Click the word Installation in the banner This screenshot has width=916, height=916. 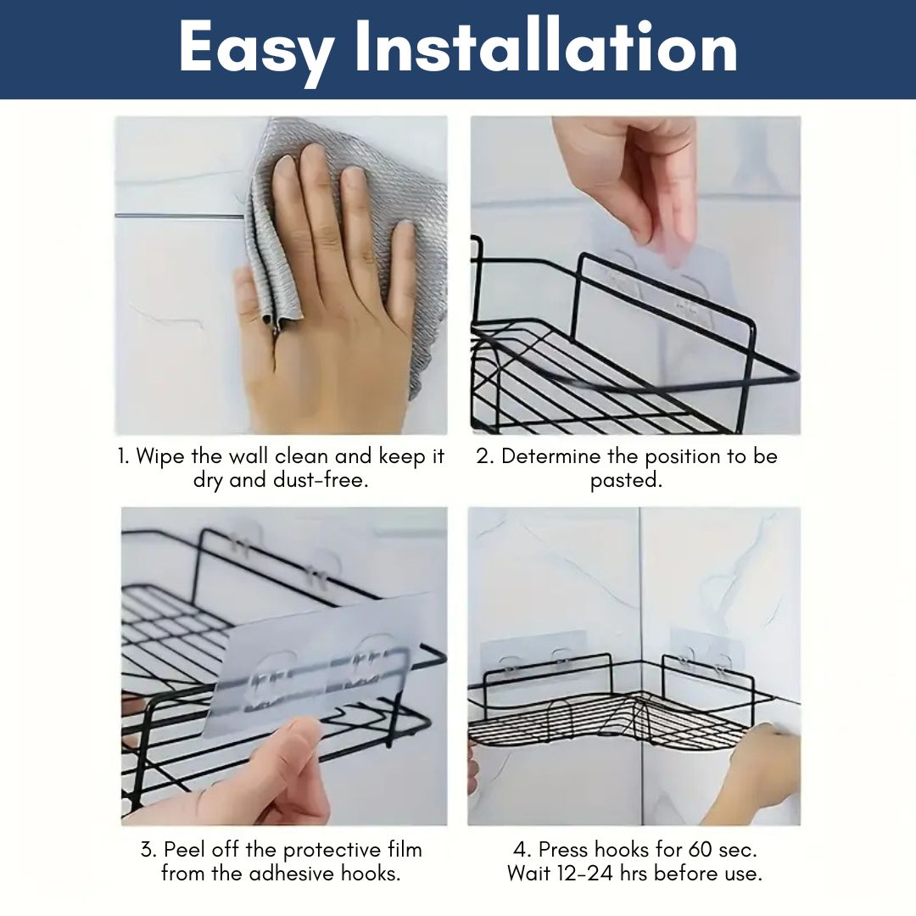click(x=547, y=46)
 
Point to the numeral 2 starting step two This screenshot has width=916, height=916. click(x=483, y=456)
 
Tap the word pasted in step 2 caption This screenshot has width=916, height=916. click(x=626, y=481)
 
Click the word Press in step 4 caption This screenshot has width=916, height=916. click(x=563, y=849)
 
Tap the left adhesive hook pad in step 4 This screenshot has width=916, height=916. click(x=533, y=654)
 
